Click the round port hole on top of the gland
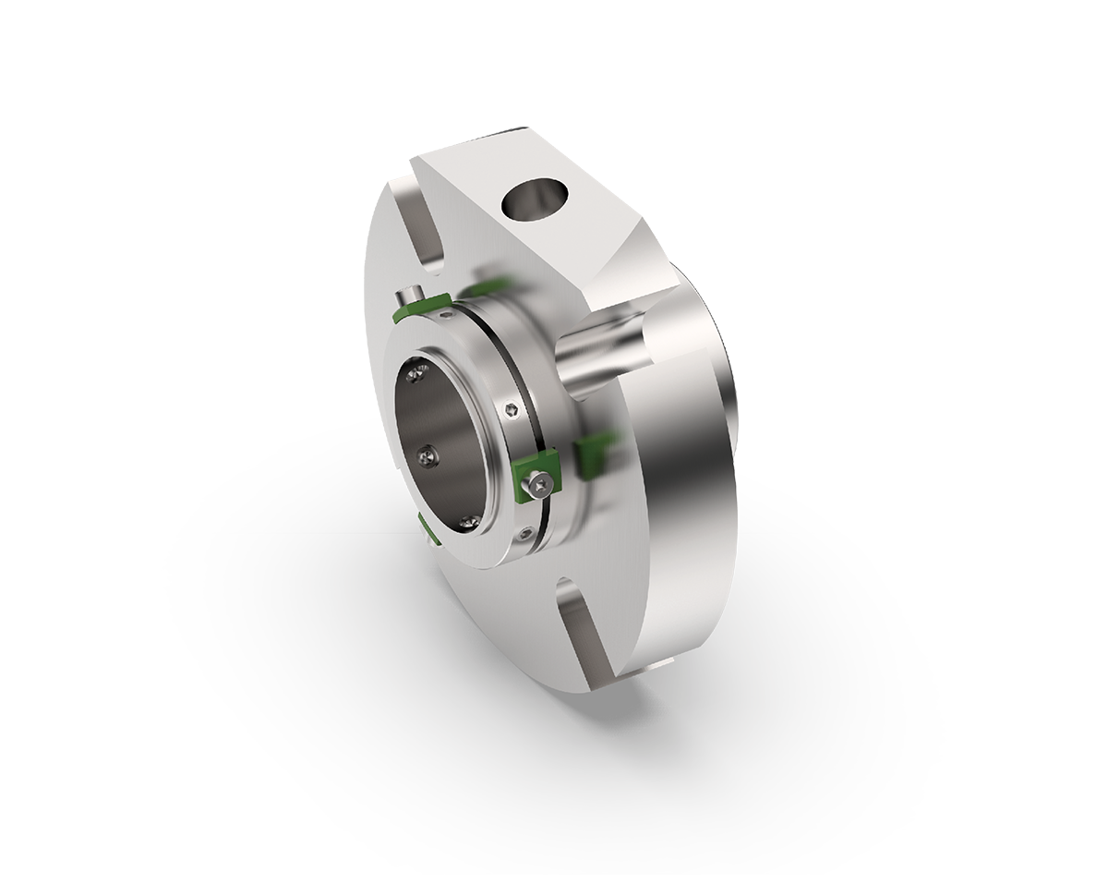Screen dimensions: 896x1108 (532, 200)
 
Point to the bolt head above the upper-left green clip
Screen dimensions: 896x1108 (405, 297)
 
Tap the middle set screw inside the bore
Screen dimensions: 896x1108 (427, 454)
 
